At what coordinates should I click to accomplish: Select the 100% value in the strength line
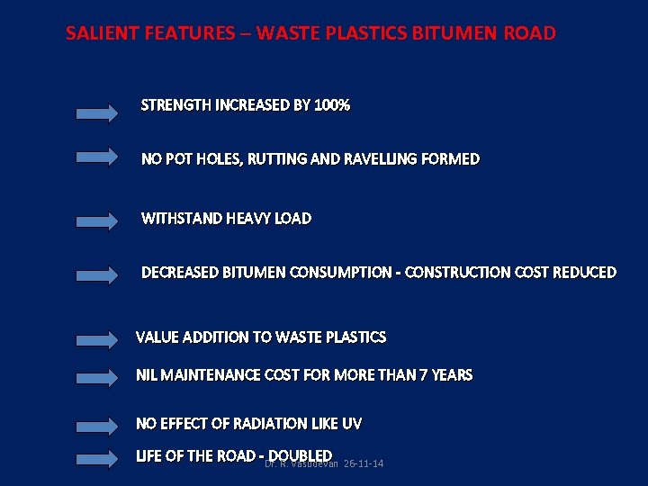pyautogui.click(x=332, y=105)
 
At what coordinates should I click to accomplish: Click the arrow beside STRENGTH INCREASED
pyautogui.click(x=97, y=113)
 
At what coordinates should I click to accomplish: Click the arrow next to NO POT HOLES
pyautogui.click(x=97, y=157)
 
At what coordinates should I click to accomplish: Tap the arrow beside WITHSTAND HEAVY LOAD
pyautogui.click(x=97, y=220)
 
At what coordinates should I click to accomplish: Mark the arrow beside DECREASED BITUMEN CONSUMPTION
pyautogui.click(x=97, y=275)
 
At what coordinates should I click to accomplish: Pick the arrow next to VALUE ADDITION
pyautogui.click(x=97, y=340)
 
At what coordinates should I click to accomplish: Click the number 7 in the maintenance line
pyautogui.click(x=423, y=374)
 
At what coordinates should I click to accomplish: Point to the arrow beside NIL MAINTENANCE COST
pyautogui.click(x=97, y=378)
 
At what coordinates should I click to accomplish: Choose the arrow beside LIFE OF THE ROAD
pyautogui.click(x=97, y=459)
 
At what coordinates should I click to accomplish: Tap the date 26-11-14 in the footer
pyautogui.click(x=364, y=464)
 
